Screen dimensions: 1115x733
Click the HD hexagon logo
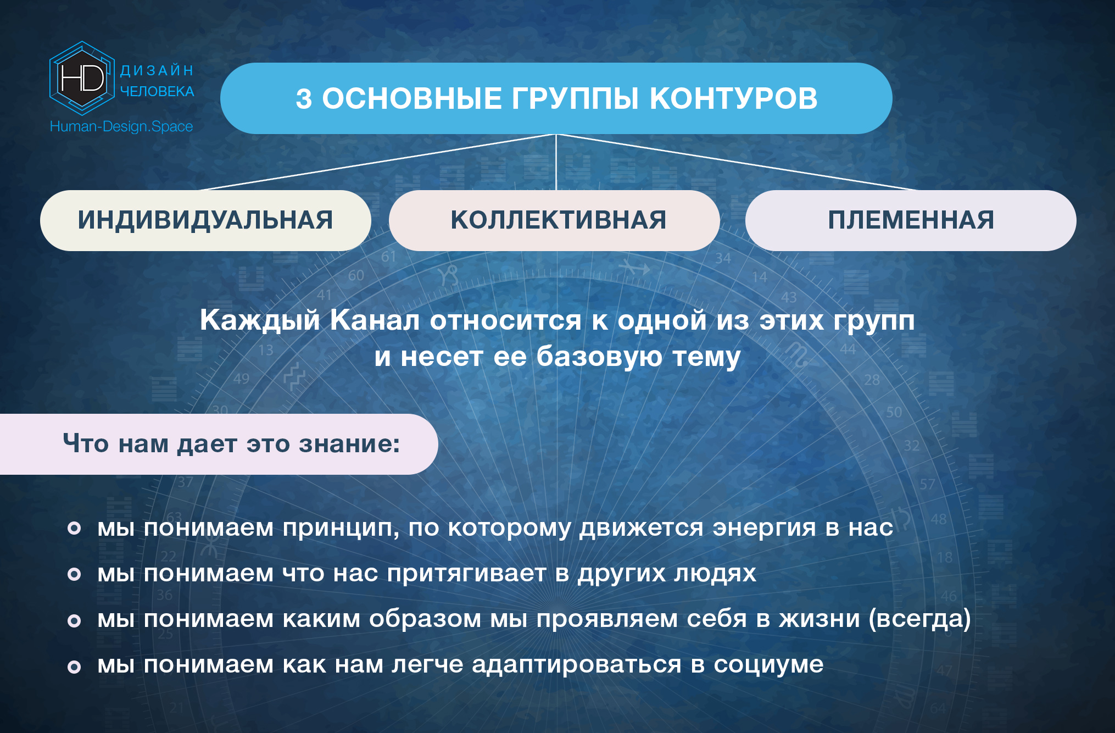tap(82, 78)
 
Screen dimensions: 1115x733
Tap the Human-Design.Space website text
tap(121, 126)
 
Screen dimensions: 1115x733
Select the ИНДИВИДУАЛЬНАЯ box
tap(205, 220)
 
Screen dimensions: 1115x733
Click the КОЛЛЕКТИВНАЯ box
tap(554, 220)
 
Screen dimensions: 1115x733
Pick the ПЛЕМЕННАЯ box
tap(911, 220)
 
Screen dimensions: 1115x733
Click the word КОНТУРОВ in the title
tap(734, 98)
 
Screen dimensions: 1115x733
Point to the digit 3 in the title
tap(304, 99)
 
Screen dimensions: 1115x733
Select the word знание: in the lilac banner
tap(349, 443)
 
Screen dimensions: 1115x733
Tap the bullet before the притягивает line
tap(74, 574)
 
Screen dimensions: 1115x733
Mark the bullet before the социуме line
tap(74, 667)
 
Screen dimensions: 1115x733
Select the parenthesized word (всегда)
tap(920, 619)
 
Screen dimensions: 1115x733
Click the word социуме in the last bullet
tap(768, 665)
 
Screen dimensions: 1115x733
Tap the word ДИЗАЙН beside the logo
tap(157, 70)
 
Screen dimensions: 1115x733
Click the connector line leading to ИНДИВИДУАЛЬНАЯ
tap(378, 162)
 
